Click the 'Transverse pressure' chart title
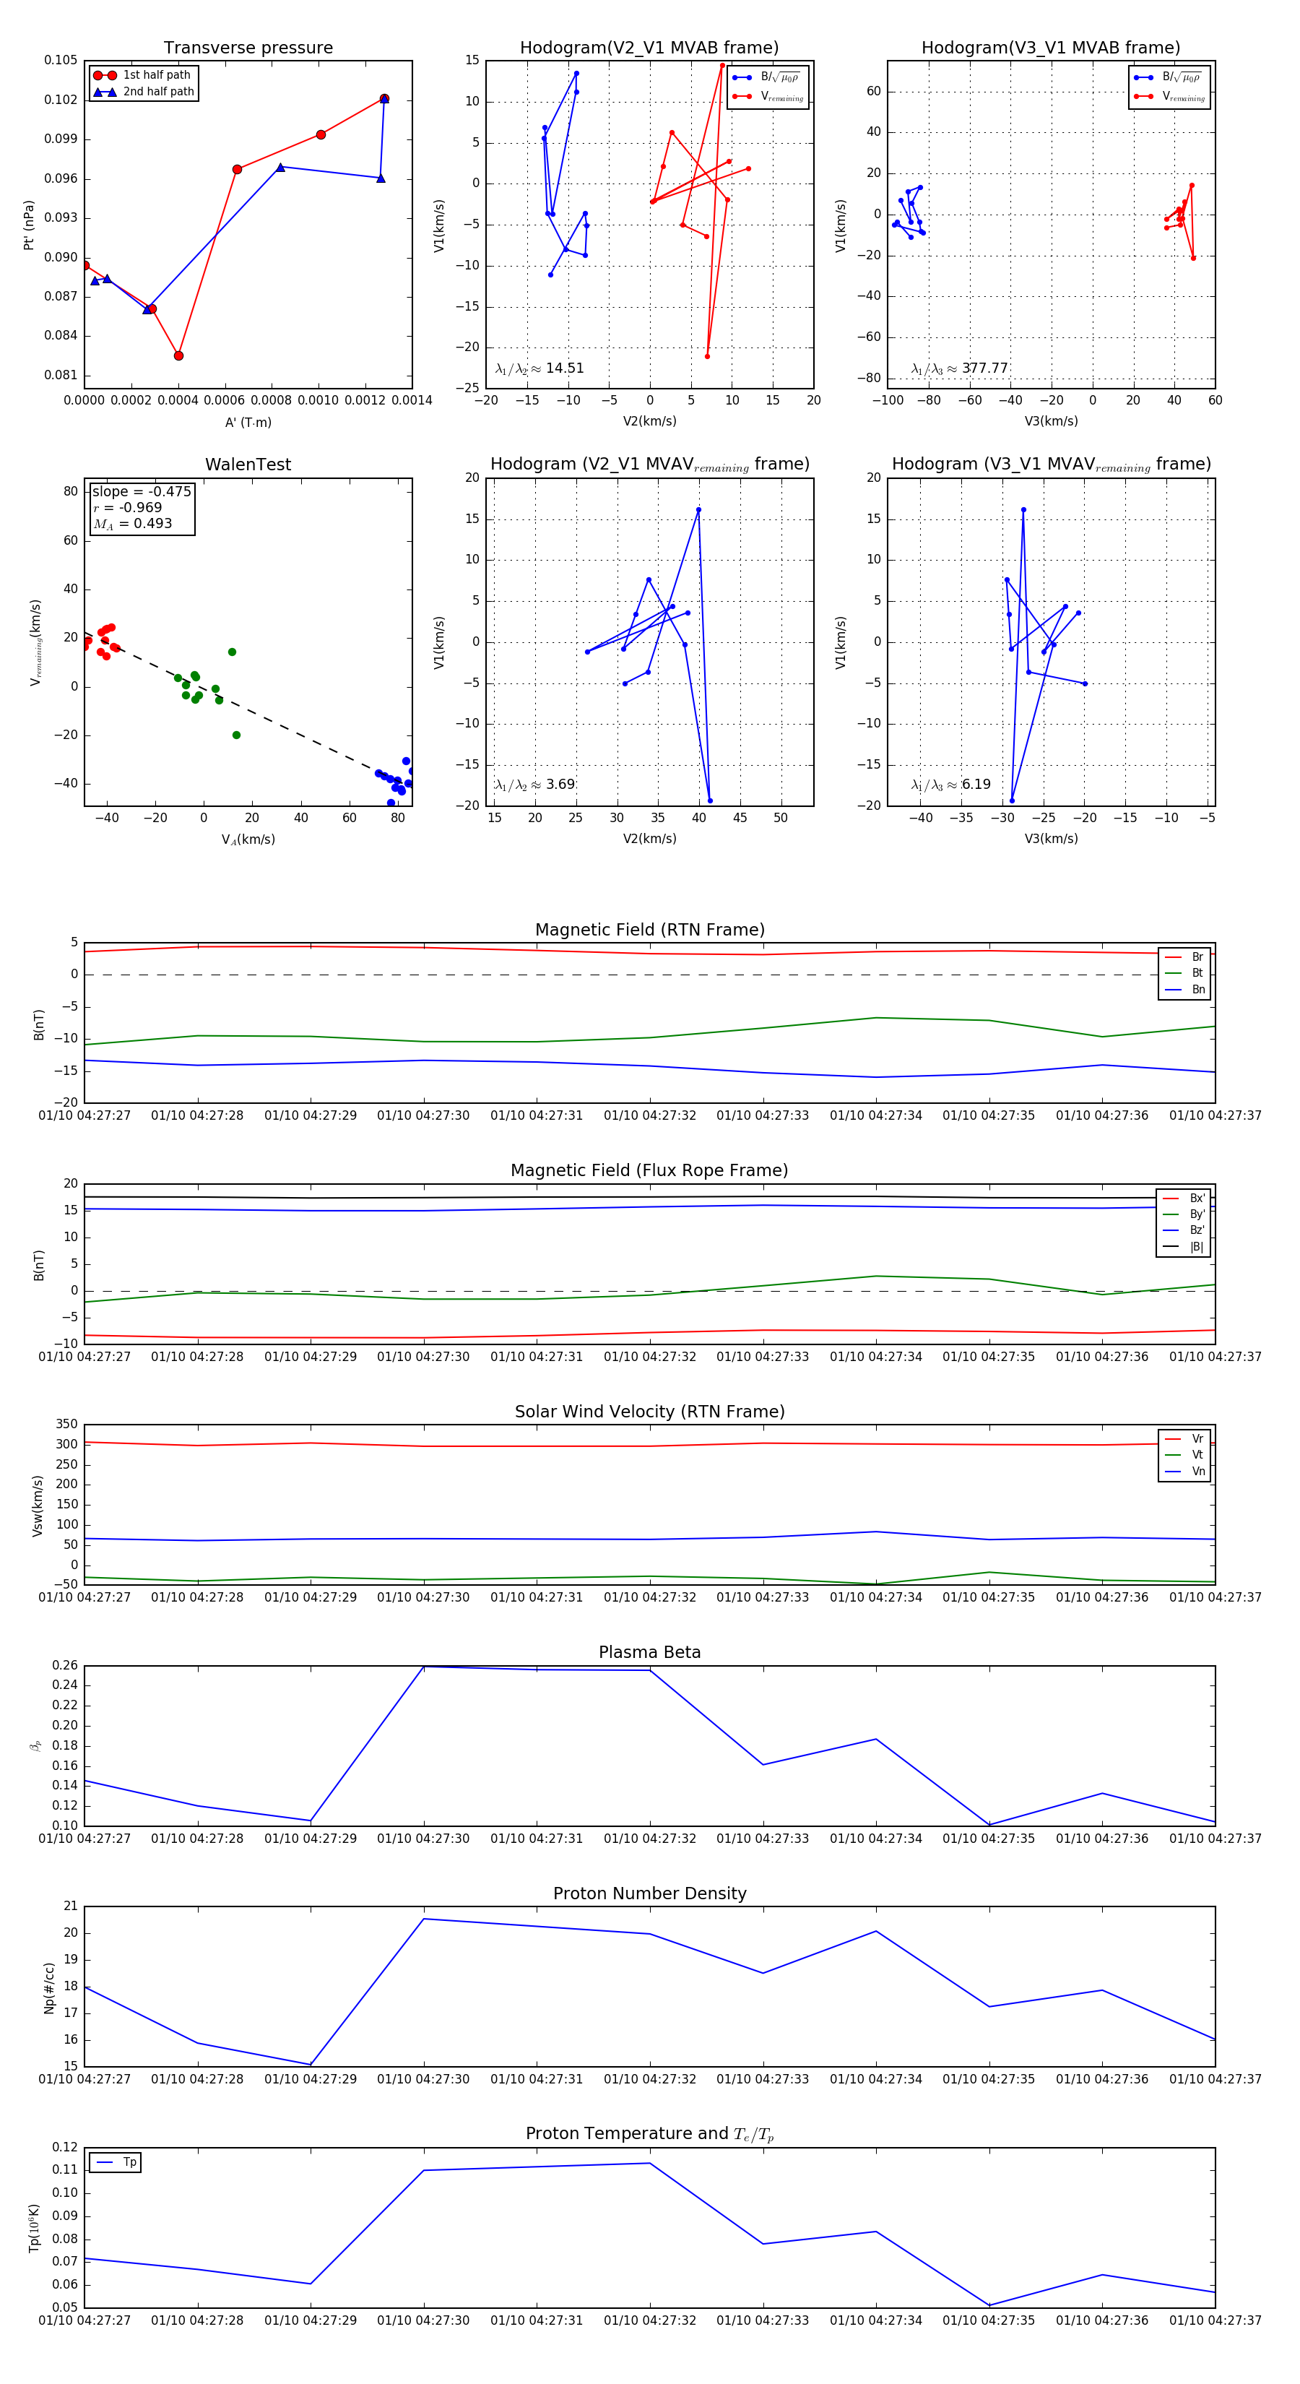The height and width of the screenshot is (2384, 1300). point(248,48)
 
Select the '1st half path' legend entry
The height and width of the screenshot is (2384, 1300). point(157,75)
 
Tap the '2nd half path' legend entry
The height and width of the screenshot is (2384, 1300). point(158,92)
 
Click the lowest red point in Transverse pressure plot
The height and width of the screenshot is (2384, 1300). point(178,355)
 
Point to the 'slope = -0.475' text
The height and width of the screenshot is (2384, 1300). point(142,491)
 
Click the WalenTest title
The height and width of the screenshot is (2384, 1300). point(248,465)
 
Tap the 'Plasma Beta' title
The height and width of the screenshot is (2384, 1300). point(649,1652)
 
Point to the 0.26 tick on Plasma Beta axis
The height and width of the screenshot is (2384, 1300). point(65,1665)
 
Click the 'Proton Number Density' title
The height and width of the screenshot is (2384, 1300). point(649,1893)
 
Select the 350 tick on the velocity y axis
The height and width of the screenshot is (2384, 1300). point(66,1425)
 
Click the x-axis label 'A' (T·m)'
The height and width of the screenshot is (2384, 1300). point(248,422)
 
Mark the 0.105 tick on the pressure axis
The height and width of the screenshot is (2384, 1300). point(61,60)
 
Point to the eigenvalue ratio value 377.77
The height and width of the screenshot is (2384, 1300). point(984,368)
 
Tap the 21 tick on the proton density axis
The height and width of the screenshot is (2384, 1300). point(70,1906)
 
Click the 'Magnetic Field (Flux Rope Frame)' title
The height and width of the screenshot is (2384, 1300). point(649,1171)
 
